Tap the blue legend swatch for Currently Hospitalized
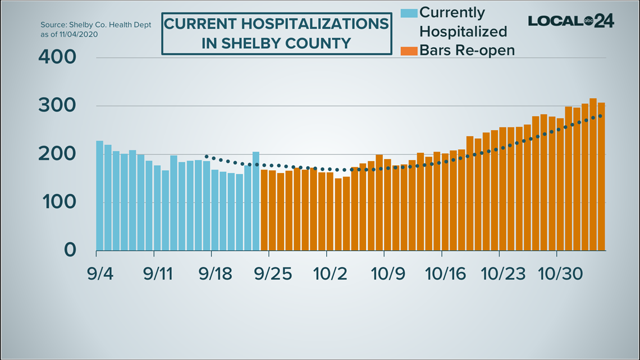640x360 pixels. (409, 12)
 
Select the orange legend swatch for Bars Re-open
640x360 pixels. (409, 51)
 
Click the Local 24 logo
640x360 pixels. (570, 21)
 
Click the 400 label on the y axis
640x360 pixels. (57, 58)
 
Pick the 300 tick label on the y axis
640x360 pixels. (57, 106)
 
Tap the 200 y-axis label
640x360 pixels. (57, 154)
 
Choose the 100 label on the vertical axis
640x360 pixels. (57, 202)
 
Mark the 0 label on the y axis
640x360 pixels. (69, 250)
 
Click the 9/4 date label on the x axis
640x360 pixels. (99, 275)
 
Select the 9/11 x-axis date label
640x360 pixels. (157, 275)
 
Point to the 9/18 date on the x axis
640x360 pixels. (215, 275)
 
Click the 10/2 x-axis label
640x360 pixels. (330, 275)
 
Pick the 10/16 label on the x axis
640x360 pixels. (446, 275)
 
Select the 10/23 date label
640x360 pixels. (504, 275)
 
